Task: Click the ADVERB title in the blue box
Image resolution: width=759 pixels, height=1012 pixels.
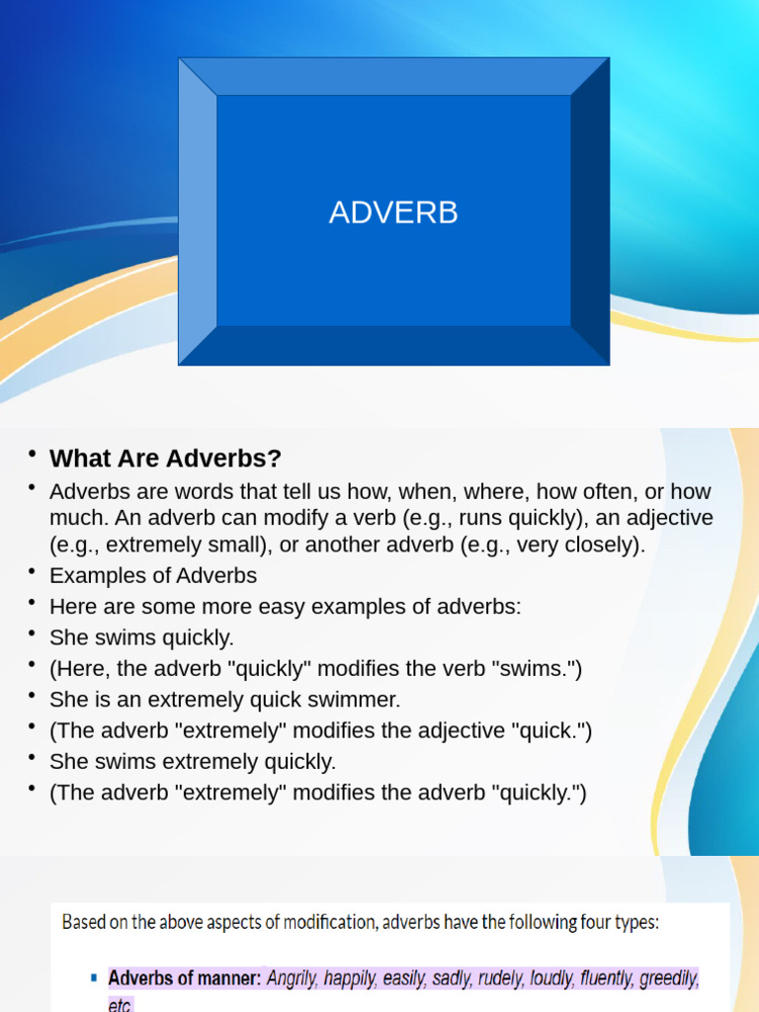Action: (393, 212)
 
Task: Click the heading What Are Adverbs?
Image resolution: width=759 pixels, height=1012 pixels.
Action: (165, 459)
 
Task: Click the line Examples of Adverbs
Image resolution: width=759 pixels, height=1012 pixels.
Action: (153, 575)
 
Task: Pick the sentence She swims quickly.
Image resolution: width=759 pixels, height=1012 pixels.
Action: (142, 637)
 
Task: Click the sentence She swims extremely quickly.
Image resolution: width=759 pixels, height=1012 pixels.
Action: (193, 762)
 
